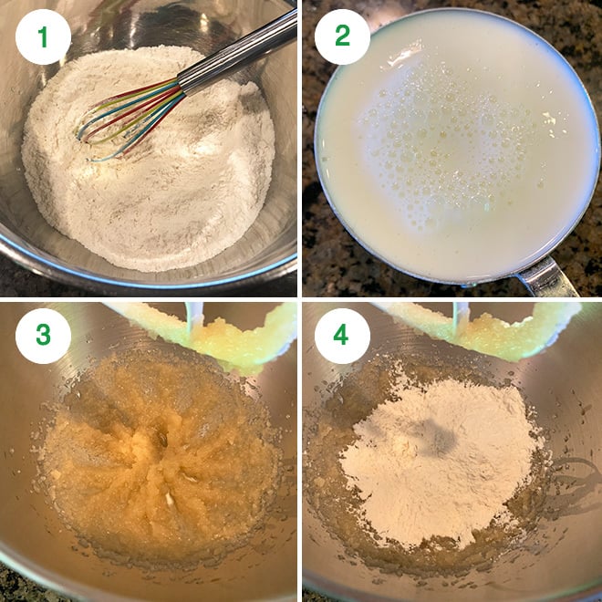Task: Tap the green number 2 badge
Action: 342,36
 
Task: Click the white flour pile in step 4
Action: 438,456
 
